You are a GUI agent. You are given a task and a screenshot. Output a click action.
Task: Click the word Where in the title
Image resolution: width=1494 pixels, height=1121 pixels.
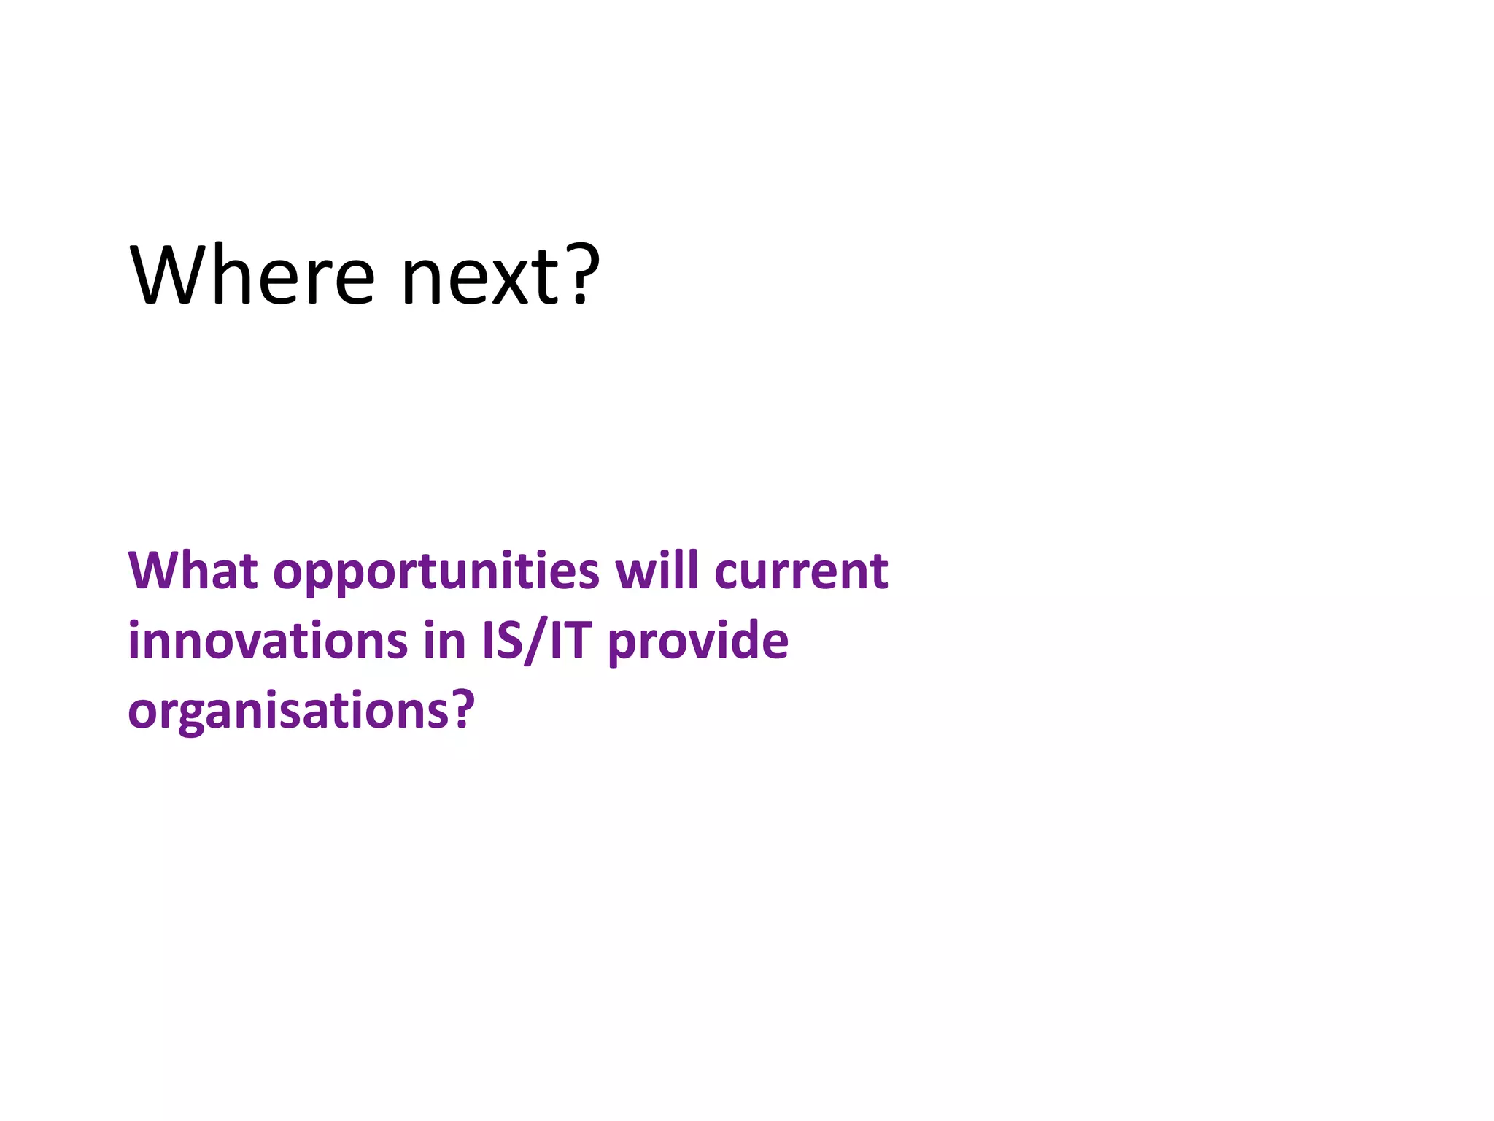tap(252, 275)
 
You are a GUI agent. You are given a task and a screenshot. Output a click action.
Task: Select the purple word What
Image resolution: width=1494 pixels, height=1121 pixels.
tap(193, 571)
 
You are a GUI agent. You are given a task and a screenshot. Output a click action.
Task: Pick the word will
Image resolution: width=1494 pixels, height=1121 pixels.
tap(657, 570)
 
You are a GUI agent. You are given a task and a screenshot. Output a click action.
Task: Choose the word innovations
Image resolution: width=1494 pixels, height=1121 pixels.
tap(267, 641)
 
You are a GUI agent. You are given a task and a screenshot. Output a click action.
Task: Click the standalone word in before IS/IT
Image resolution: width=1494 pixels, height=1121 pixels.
tap(444, 641)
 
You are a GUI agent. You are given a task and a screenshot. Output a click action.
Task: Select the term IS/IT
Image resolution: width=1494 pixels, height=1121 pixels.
tap(535, 641)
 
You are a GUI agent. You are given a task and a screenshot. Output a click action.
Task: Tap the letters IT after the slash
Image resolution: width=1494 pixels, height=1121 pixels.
tap(569, 641)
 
